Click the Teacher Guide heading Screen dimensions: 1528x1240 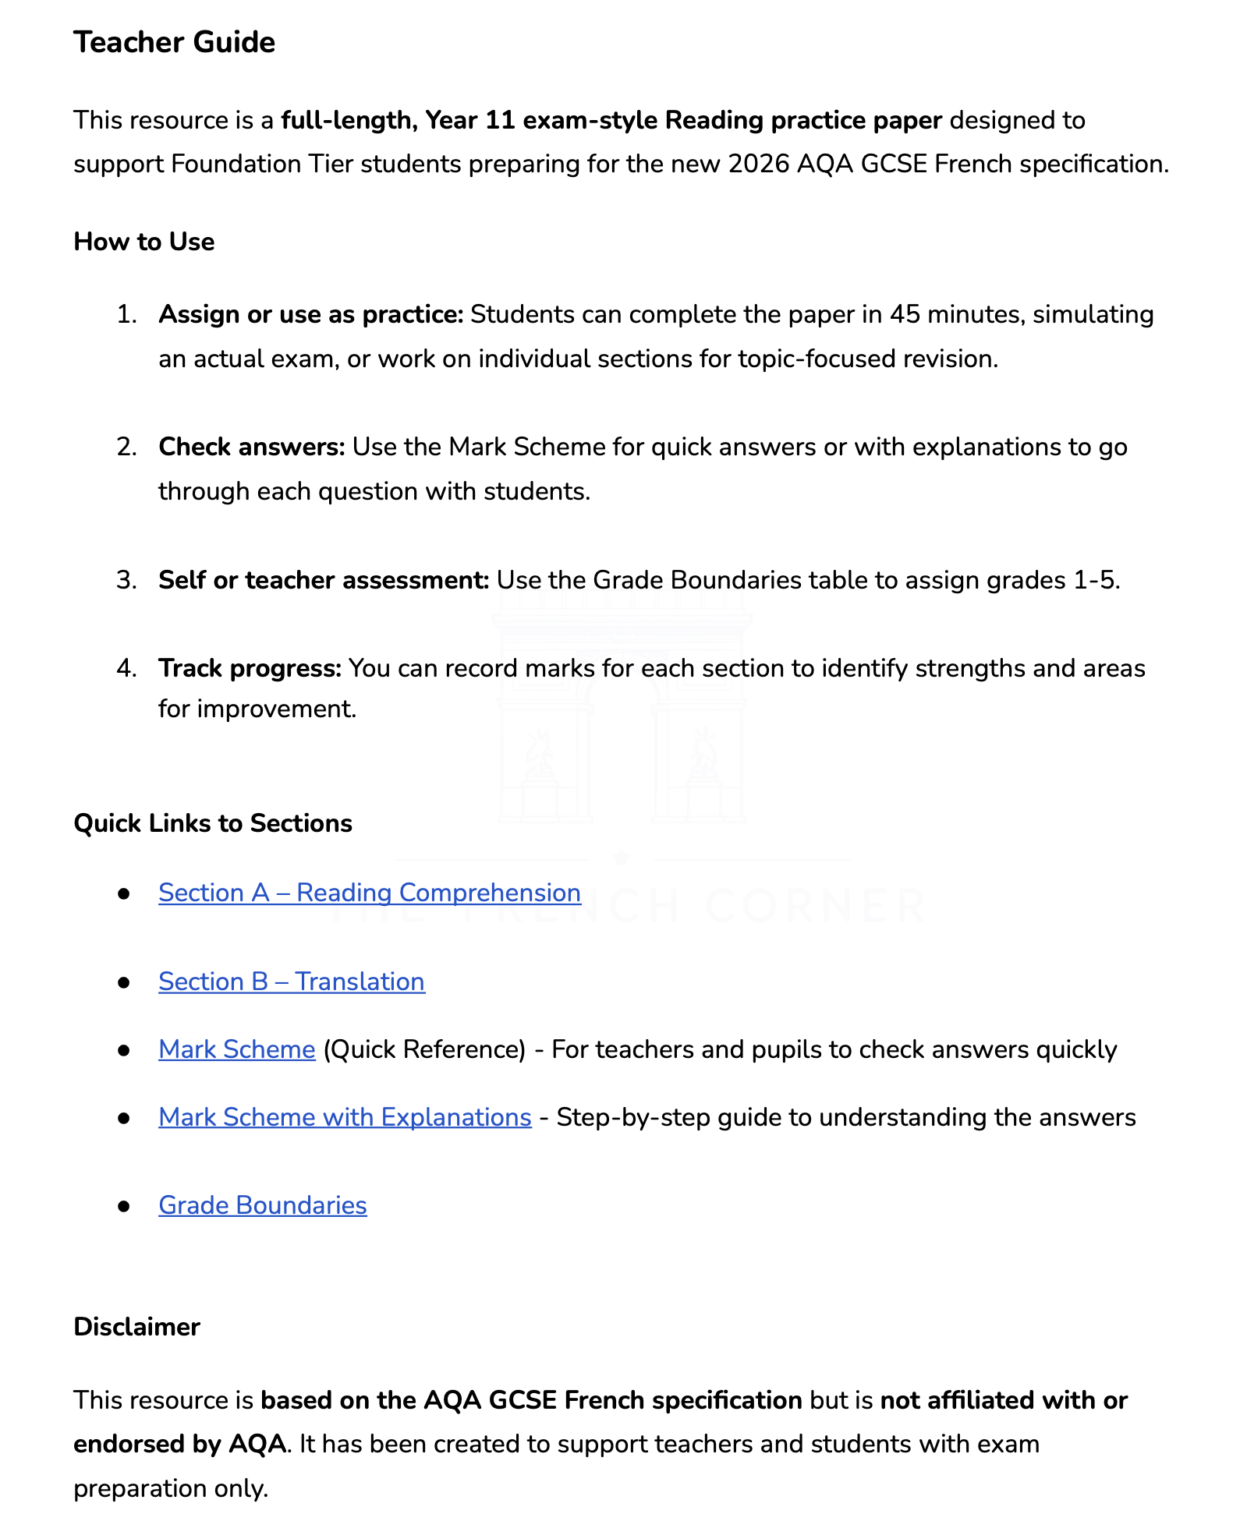174,42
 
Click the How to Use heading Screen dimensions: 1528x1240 143,242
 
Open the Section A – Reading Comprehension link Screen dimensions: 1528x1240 369,893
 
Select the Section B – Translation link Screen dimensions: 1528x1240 291,982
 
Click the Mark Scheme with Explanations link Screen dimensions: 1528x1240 345,1117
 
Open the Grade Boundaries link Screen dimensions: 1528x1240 262,1205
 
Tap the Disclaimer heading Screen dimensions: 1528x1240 136,1327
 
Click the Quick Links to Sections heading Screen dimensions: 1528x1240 212,823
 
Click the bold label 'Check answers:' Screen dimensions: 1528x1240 251,447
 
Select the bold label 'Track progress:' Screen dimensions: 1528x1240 250,669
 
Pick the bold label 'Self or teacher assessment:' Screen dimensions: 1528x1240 324,581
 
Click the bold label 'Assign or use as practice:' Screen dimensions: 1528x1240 310,315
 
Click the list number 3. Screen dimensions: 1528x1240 126,581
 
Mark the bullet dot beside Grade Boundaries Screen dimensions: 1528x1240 123,1206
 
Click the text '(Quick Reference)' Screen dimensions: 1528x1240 424,1050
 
